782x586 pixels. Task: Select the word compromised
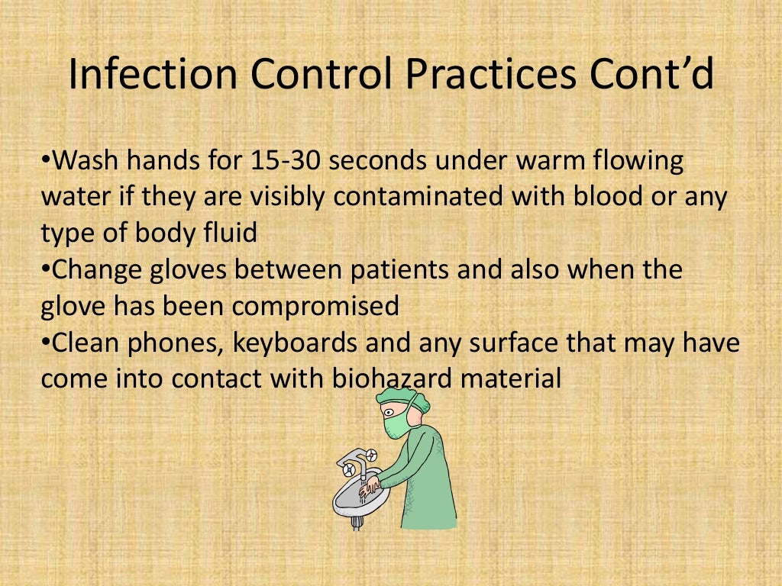click(315, 306)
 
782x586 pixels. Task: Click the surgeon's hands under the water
click(371, 485)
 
